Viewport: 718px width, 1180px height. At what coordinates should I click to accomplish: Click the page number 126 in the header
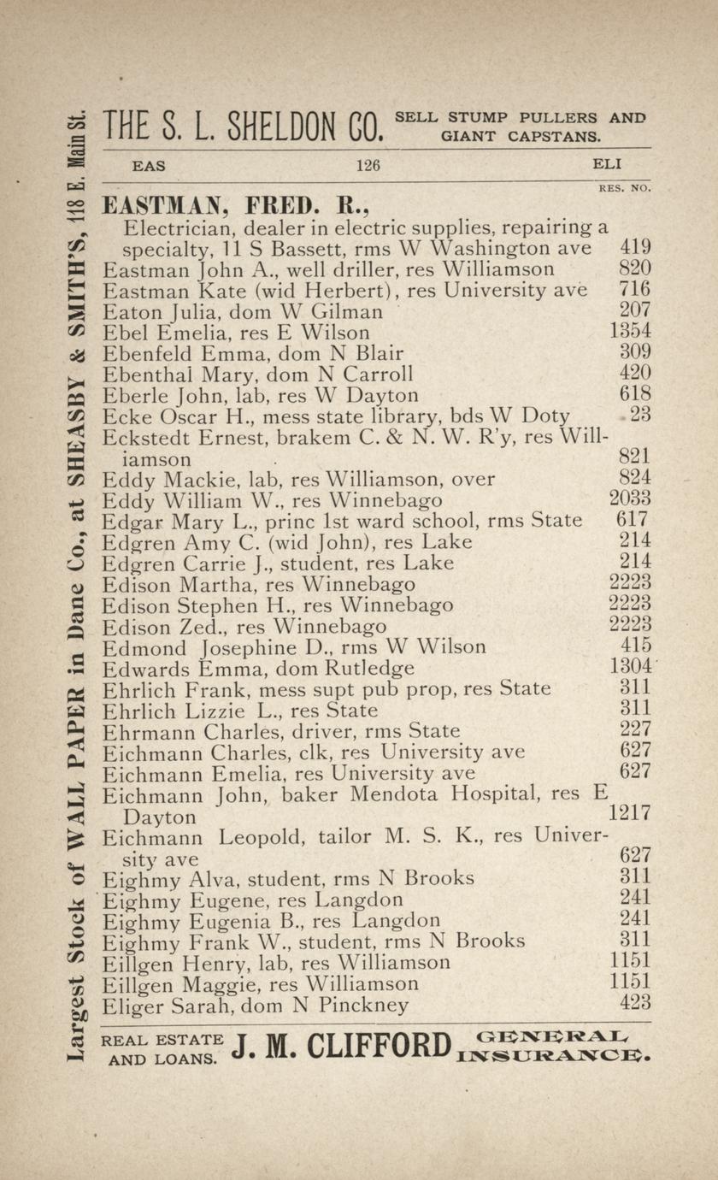[x=368, y=166]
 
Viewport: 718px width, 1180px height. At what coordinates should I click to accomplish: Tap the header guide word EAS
[x=149, y=166]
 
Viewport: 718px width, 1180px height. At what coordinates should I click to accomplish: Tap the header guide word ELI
[x=606, y=165]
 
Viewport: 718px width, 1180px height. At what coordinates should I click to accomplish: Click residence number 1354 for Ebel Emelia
[x=630, y=331]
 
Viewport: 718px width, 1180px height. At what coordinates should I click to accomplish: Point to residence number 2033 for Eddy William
[x=630, y=498]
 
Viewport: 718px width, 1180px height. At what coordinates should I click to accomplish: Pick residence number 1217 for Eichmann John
[x=630, y=813]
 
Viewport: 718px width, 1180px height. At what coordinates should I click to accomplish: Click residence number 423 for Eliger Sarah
[x=634, y=1002]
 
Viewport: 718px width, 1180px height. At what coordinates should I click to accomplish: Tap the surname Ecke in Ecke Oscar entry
[x=125, y=416]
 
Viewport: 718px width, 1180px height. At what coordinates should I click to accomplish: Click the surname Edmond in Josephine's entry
[x=139, y=647]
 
